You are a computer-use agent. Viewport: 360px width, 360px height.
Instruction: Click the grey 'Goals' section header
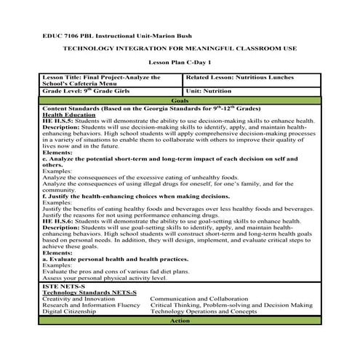(x=180, y=100)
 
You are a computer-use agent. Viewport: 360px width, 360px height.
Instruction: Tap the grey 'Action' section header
(x=180, y=340)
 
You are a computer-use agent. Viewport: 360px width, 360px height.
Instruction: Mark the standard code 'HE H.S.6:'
(x=57, y=239)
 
